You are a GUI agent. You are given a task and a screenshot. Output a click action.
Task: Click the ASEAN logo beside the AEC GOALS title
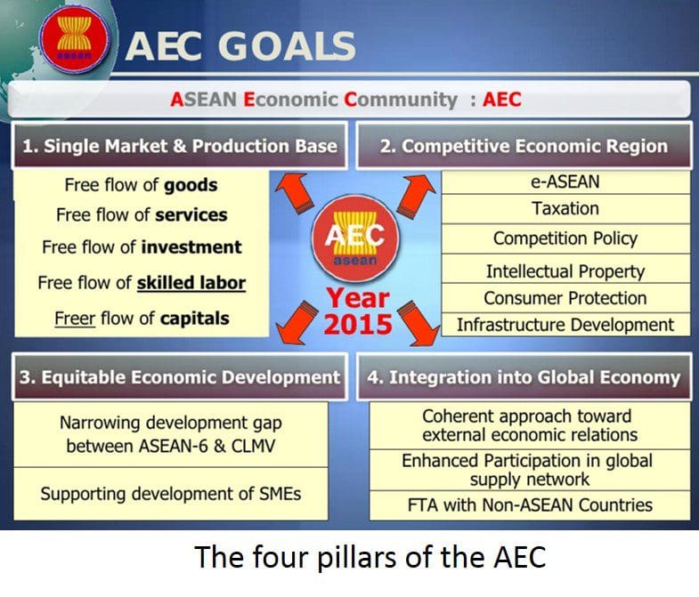75,38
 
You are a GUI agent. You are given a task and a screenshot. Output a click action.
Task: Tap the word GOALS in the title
287,46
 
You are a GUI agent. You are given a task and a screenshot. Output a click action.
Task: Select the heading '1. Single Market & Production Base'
180,146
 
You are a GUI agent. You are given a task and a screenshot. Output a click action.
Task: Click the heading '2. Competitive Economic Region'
524,146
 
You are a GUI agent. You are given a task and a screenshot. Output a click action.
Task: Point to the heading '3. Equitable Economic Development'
180,377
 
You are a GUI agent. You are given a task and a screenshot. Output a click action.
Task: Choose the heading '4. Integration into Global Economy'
524,377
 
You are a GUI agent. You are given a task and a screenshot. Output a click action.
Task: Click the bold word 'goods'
191,185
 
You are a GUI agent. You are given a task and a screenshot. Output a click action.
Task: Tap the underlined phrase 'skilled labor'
191,283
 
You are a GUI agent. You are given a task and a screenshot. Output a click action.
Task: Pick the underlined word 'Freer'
75,319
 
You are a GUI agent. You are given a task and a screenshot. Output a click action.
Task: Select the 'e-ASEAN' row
565,182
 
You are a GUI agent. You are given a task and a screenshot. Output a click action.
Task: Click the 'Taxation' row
565,208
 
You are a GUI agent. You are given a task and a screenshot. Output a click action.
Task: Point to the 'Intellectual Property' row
565,270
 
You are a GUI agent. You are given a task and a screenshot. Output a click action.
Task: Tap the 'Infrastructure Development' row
565,325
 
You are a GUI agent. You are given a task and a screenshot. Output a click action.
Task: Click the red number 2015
358,325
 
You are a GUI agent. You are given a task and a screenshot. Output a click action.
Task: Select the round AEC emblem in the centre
355,238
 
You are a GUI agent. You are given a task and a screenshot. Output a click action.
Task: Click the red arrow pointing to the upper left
292,190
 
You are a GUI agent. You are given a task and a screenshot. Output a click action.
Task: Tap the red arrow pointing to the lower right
419,323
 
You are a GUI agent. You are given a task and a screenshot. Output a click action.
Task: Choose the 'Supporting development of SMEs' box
171,494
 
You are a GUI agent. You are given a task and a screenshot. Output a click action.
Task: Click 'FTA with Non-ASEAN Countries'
530,505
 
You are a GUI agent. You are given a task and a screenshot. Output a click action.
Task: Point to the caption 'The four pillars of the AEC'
370,557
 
